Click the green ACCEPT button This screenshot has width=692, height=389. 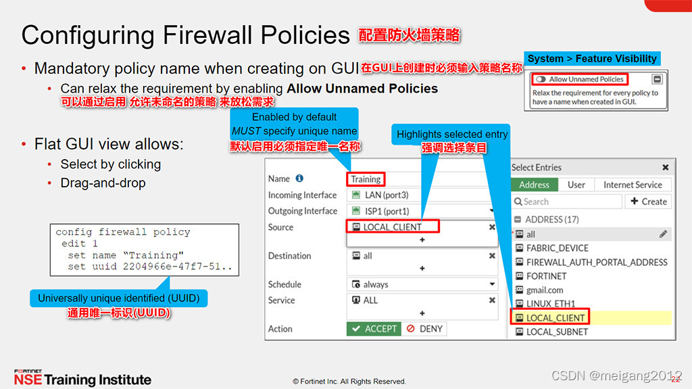click(x=373, y=329)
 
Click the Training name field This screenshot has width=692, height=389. click(x=366, y=179)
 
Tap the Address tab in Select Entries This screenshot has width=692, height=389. click(x=534, y=185)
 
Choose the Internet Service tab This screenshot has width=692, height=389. click(x=633, y=185)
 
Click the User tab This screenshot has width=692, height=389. click(x=576, y=185)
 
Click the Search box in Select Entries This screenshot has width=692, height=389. click(x=568, y=202)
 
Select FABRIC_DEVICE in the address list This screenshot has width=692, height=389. click(x=557, y=248)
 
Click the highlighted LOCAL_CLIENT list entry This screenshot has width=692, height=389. click(x=555, y=317)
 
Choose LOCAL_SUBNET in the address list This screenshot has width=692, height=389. click(x=557, y=331)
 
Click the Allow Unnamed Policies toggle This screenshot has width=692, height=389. click(x=541, y=79)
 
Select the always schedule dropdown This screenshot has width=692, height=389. click(x=422, y=285)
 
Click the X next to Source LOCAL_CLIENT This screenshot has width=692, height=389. click(x=492, y=227)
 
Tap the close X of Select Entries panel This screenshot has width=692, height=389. click(x=665, y=167)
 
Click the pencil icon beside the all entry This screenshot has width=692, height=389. click(x=664, y=234)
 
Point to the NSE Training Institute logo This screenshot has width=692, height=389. click(x=82, y=378)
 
